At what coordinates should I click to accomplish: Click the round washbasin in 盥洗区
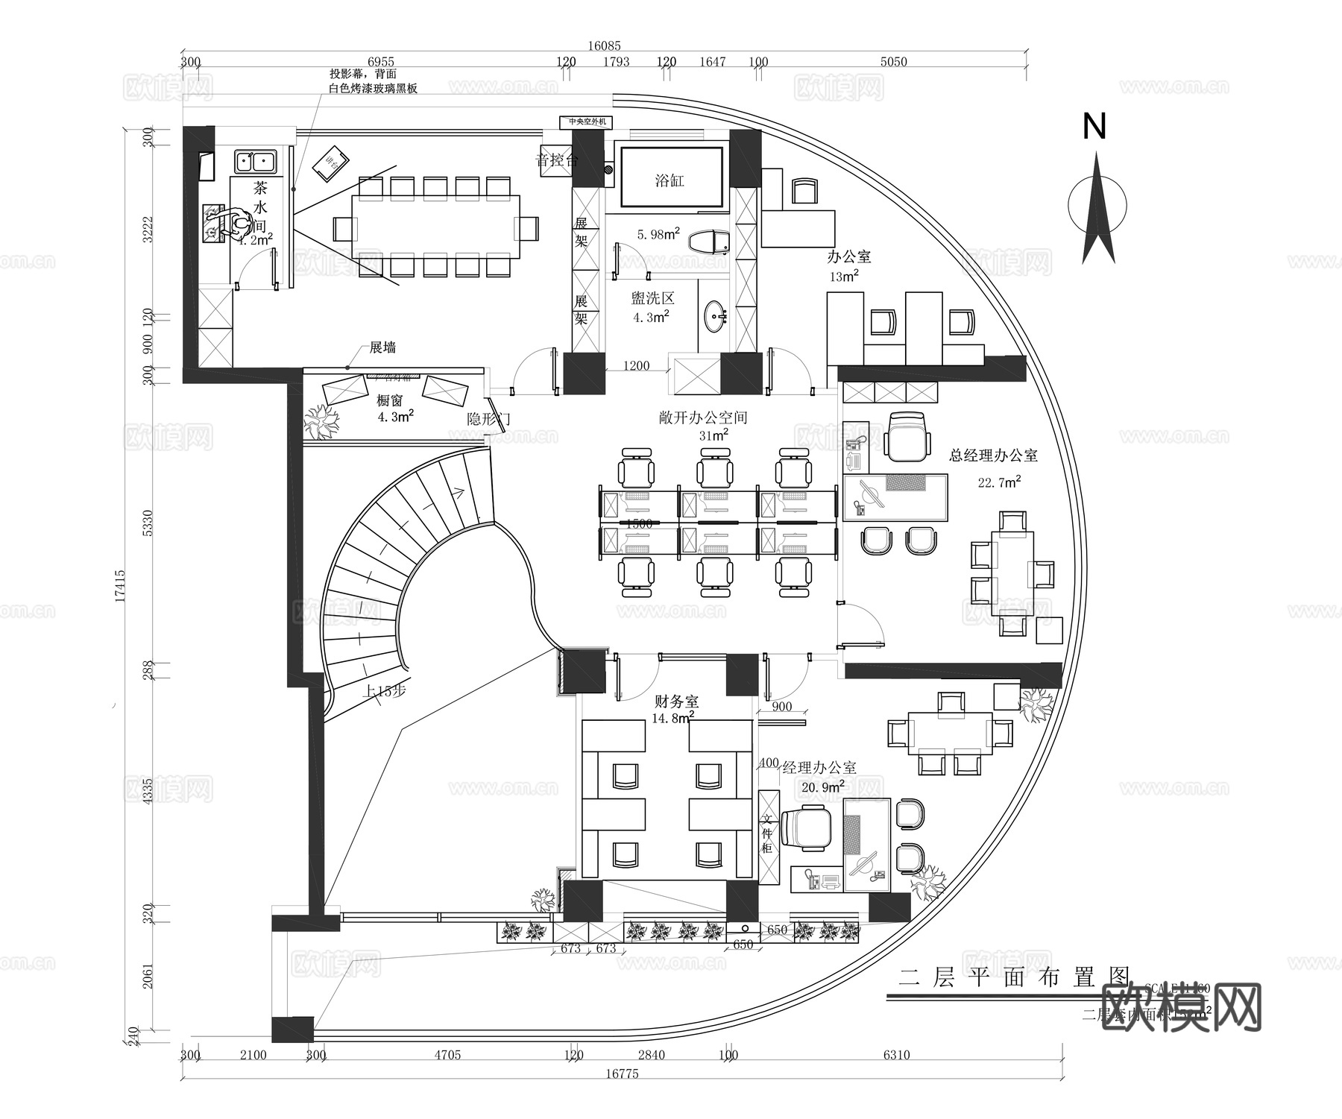point(716,315)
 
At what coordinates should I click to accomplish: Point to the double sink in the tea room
point(253,161)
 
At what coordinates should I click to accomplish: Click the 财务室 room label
point(676,702)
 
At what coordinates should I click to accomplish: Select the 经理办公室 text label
point(819,767)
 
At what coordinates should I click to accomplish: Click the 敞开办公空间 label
point(702,418)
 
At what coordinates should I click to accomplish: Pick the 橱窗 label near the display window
point(390,400)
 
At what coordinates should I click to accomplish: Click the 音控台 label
point(556,160)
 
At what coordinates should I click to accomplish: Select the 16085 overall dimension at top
point(604,46)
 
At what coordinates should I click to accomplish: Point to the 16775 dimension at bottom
point(622,1074)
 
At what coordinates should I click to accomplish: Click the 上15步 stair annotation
point(385,691)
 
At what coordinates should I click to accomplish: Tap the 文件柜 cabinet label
point(767,833)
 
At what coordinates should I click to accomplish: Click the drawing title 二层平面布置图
point(1014,977)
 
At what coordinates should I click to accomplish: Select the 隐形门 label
point(488,419)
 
